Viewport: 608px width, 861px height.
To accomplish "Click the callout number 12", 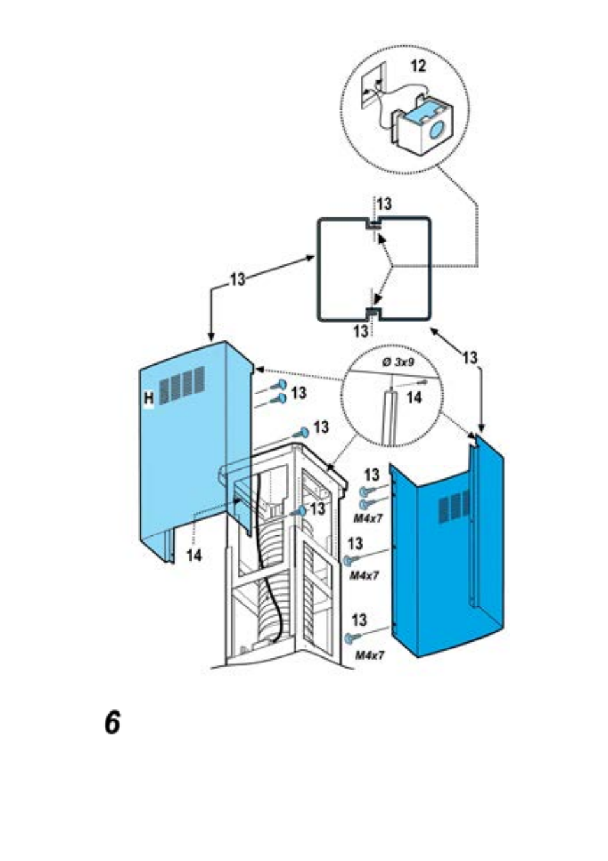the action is click(419, 66).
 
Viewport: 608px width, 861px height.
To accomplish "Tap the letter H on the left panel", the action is click(148, 398).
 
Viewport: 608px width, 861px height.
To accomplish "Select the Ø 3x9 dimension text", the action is click(398, 363).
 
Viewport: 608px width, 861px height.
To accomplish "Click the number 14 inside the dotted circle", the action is click(414, 398).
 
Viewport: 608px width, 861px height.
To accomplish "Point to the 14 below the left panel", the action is click(194, 555).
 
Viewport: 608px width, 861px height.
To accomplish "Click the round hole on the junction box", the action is click(436, 131).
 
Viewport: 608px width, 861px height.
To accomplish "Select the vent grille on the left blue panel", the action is click(182, 382).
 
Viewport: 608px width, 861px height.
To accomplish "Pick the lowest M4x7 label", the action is click(369, 655).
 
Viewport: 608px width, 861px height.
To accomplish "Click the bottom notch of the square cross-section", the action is click(372, 314).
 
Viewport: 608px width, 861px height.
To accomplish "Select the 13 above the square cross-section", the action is click(384, 204).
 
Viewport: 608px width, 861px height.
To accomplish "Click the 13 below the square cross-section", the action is click(361, 331).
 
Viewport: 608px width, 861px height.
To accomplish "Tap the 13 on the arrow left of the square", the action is click(238, 279).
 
